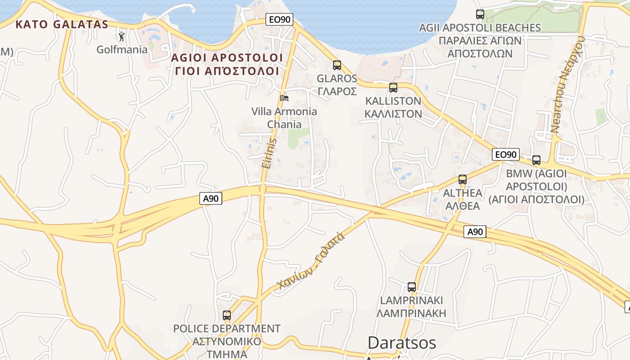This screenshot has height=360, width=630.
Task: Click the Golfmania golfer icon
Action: tap(121, 36)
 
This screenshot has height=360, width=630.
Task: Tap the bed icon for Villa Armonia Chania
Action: tap(284, 98)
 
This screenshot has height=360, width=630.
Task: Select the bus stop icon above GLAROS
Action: tap(337, 65)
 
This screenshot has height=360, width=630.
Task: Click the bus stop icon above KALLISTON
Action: tap(393, 88)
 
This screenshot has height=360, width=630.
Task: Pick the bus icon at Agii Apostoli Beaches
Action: tap(480, 14)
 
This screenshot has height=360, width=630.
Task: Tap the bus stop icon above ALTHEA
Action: tap(463, 180)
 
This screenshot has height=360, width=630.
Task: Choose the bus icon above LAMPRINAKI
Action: tap(412, 287)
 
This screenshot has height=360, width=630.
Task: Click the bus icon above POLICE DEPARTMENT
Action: tap(227, 315)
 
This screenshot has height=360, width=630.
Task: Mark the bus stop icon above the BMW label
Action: tap(536, 160)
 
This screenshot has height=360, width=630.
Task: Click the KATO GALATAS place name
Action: tap(62, 24)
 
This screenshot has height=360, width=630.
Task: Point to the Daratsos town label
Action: tap(402, 343)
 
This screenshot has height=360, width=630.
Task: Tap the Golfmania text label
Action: tap(122, 49)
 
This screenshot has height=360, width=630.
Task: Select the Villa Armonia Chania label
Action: tap(284, 117)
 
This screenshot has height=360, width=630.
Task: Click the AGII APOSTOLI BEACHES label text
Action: tap(480, 28)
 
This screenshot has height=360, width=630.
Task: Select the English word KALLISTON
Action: tap(393, 101)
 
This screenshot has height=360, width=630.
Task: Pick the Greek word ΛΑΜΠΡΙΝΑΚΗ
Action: tap(411, 313)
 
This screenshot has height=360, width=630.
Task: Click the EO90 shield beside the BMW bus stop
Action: tap(506, 154)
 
